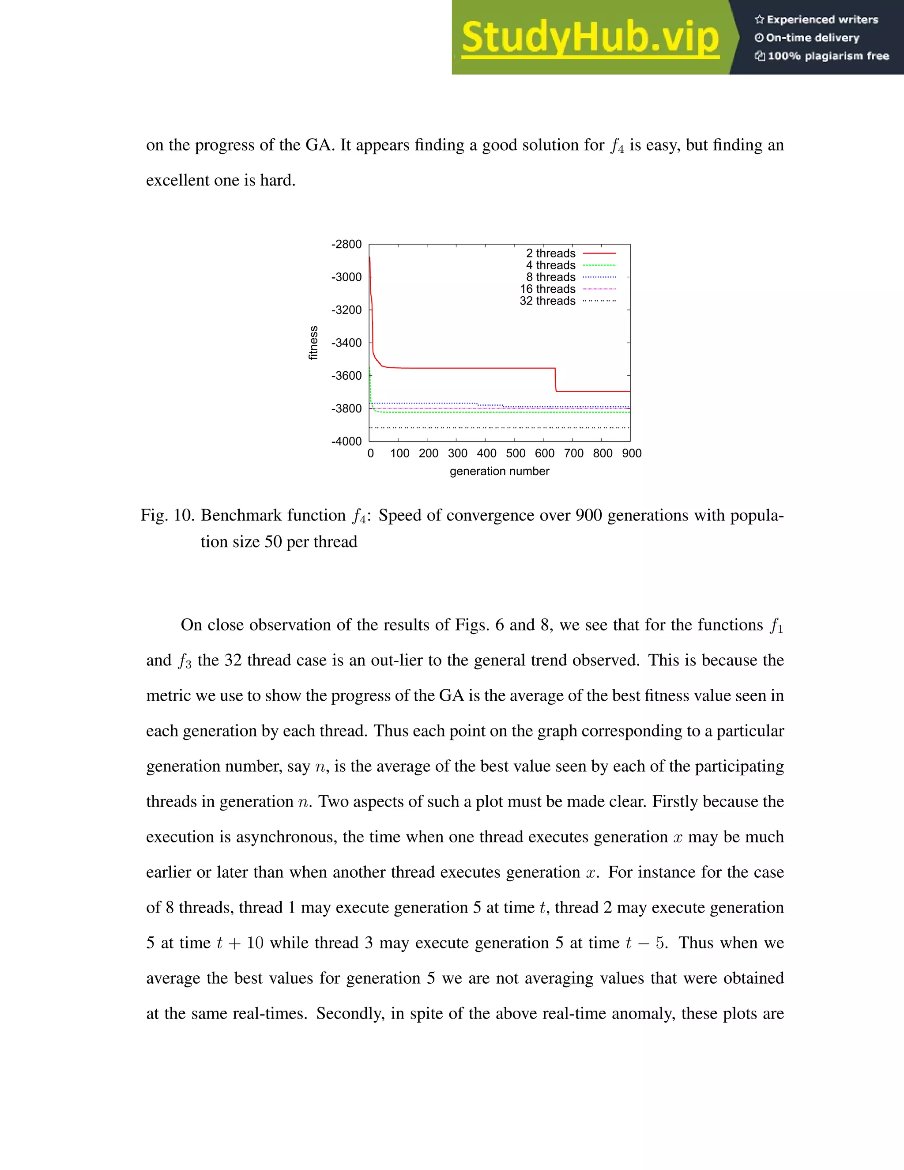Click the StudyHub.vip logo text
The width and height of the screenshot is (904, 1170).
(x=590, y=38)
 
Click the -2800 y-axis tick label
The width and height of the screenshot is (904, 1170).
(x=347, y=244)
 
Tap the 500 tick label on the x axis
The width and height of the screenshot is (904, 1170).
(x=515, y=454)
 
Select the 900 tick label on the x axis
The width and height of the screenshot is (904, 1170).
(x=631, y=454)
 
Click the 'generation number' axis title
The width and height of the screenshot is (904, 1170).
(x=499, y=472)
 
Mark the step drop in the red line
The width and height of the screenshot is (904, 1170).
(x=555, y=380)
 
